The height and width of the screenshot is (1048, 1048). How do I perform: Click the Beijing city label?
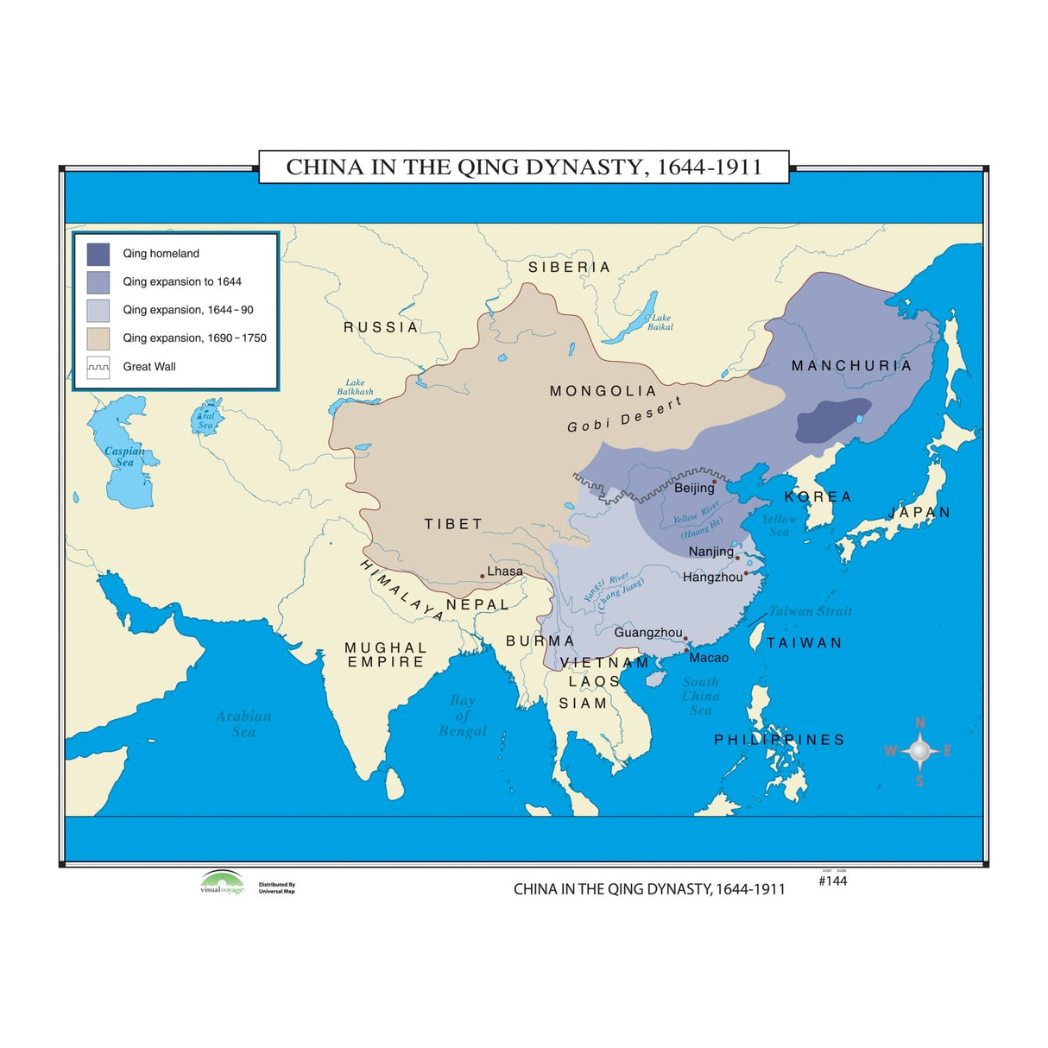coord(694,488)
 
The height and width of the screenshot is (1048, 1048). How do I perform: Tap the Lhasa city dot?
coord(482,576)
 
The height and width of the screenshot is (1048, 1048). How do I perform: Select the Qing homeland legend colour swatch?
coord(98,254)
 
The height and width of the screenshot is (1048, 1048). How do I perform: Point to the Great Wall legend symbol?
coord(98,367)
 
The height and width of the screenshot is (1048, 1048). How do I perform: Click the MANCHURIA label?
coord(851,366)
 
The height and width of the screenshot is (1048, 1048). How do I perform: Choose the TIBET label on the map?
coord(453,524)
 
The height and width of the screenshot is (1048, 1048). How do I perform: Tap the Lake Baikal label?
coord(661,322)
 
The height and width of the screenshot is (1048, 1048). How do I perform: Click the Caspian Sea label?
coord(124,456)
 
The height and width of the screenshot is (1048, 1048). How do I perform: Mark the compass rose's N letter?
coord(920,723)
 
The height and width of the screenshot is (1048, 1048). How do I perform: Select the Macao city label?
coord(709,658)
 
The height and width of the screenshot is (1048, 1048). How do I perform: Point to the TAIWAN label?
coord(804,643)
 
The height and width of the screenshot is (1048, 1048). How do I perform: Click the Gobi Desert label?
coord(624,415)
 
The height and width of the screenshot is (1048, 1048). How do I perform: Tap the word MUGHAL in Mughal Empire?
coord(386,647)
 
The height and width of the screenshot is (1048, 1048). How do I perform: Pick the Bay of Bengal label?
coord(463,716)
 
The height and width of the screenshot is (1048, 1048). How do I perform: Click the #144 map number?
coord(832,881)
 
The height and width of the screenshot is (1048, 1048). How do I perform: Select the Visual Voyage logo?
coord(222,882)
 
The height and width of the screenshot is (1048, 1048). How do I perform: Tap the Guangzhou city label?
coord(648,633)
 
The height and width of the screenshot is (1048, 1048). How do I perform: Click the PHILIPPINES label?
coord(780,740)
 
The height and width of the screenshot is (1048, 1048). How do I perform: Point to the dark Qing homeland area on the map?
coord(832,420)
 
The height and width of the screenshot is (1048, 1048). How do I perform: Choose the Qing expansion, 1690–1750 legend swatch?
coord(98,338)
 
